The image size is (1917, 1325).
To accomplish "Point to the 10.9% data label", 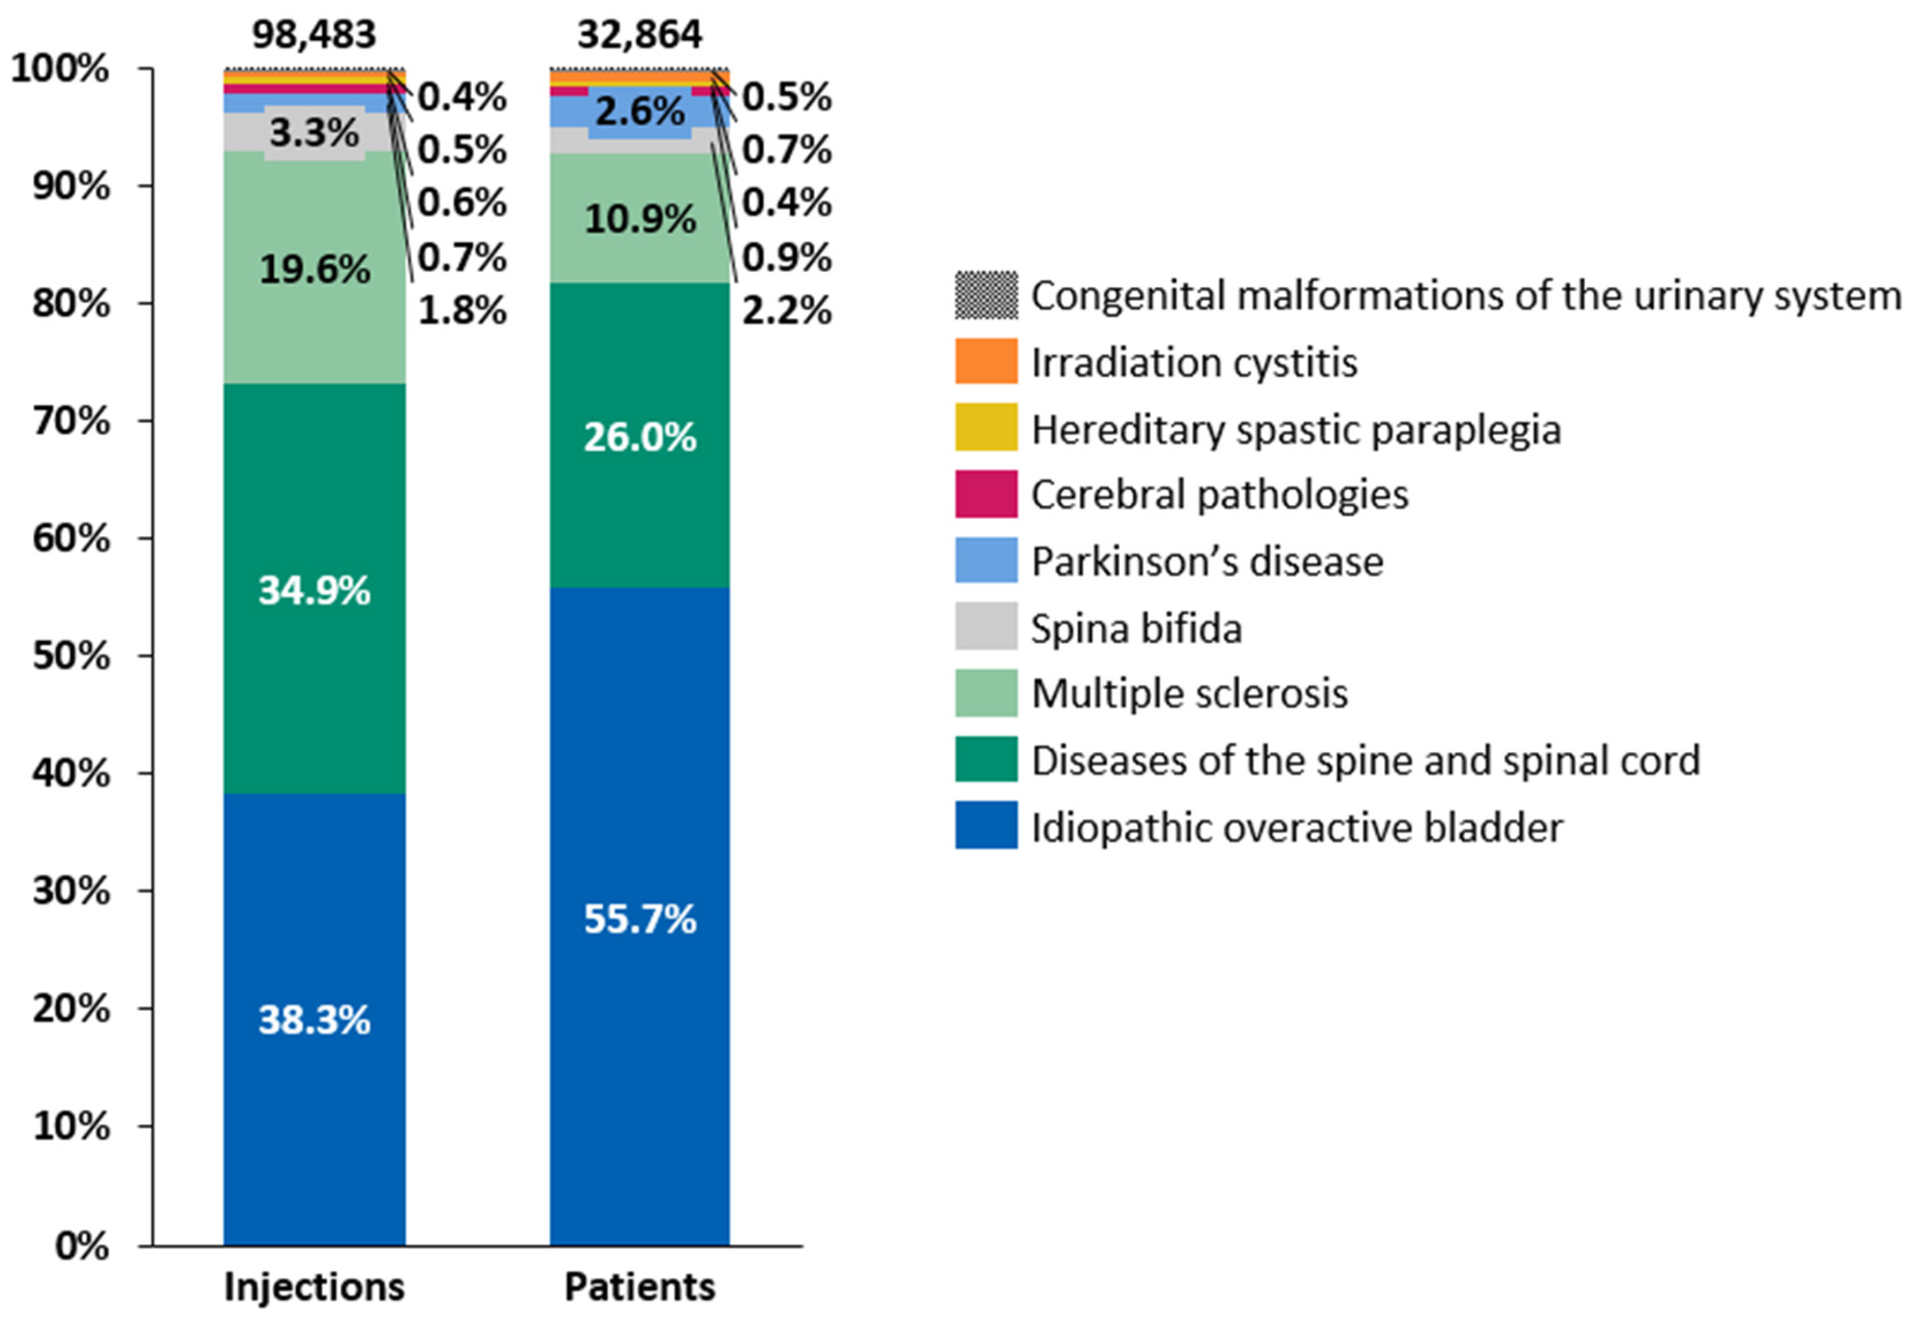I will tap(639, 219).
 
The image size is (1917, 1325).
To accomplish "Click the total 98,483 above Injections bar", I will tap(314, 35).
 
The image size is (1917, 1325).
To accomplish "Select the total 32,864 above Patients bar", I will tap(639, 35).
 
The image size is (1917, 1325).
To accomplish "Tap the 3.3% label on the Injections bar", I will tap(314, 133).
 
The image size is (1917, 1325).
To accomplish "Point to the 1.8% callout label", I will tap(461, 311).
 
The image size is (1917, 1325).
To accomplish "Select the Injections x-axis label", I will tap(314, 1287).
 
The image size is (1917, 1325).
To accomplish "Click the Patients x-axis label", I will tap(639, 1287).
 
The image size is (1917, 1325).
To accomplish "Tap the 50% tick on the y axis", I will tap(72, 656).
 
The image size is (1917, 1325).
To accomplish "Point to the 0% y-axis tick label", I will tap(81, 1246).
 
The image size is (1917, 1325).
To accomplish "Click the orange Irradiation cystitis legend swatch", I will tap(986, 361).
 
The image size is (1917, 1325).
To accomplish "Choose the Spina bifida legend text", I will tap(1136, 629).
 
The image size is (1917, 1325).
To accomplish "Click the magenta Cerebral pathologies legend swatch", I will tap(986, 494).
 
